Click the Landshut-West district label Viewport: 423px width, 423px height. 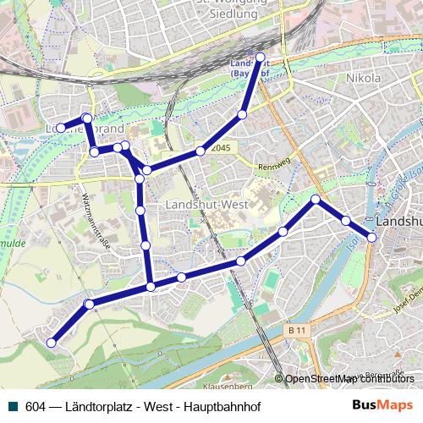[x=206, y=205]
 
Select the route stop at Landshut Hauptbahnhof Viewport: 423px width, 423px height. [x=261, y=57]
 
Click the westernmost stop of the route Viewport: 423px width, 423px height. [x=61, y=129]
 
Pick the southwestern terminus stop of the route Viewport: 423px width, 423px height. [x=52, y=343]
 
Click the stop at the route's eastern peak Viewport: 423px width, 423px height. [x=316, y=200]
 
